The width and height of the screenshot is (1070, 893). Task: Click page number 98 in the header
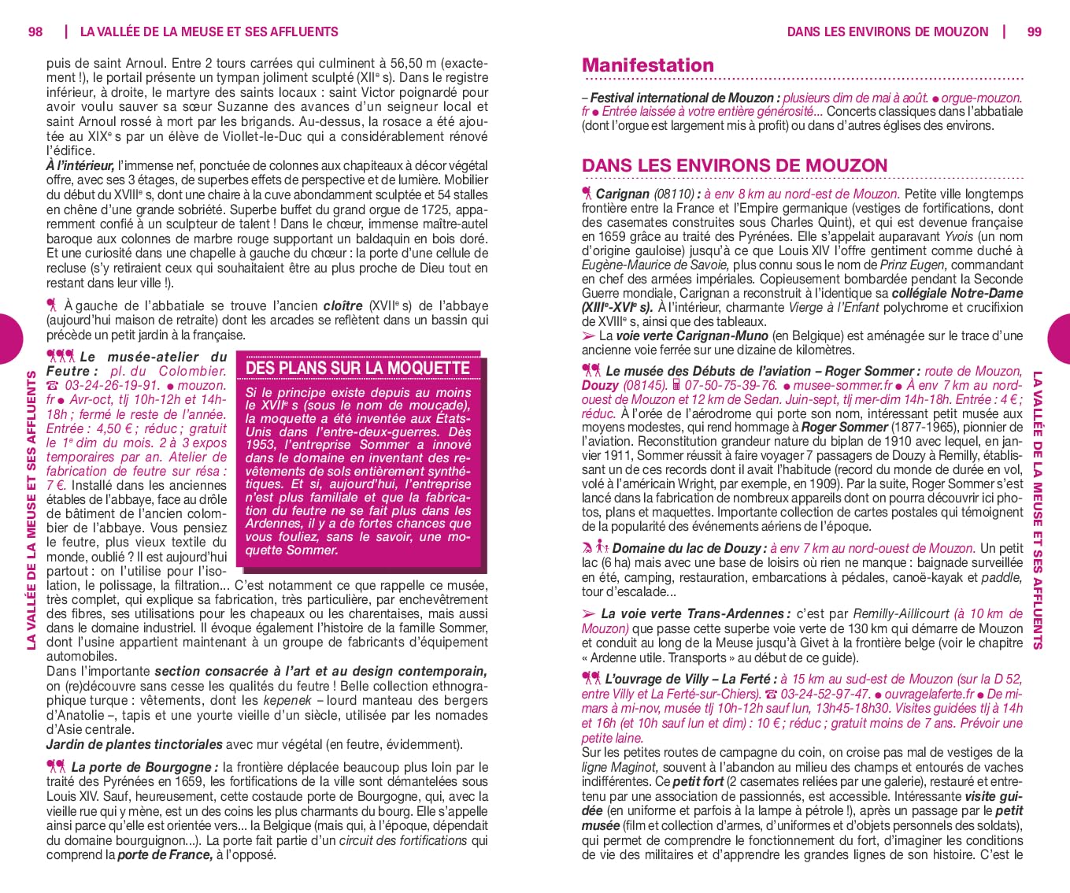(35, 32)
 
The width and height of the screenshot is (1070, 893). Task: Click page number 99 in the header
(1034, 32)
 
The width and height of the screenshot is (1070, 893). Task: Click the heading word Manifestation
(647, 65)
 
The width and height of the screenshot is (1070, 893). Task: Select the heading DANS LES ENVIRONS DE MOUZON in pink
(734, 165)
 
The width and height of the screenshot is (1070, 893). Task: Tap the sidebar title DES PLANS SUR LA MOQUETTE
(357, 368)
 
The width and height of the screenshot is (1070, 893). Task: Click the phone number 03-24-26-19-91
(113, 386)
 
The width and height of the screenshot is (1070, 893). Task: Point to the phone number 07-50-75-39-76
(731, 386)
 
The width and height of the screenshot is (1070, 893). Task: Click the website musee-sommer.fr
(842, 386)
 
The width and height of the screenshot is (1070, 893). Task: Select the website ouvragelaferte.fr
(930, 695)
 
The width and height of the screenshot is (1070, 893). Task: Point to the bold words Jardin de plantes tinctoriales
(134, 744)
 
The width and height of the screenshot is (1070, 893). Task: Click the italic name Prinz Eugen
(913, 265)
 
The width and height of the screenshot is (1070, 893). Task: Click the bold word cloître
(343, 306)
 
